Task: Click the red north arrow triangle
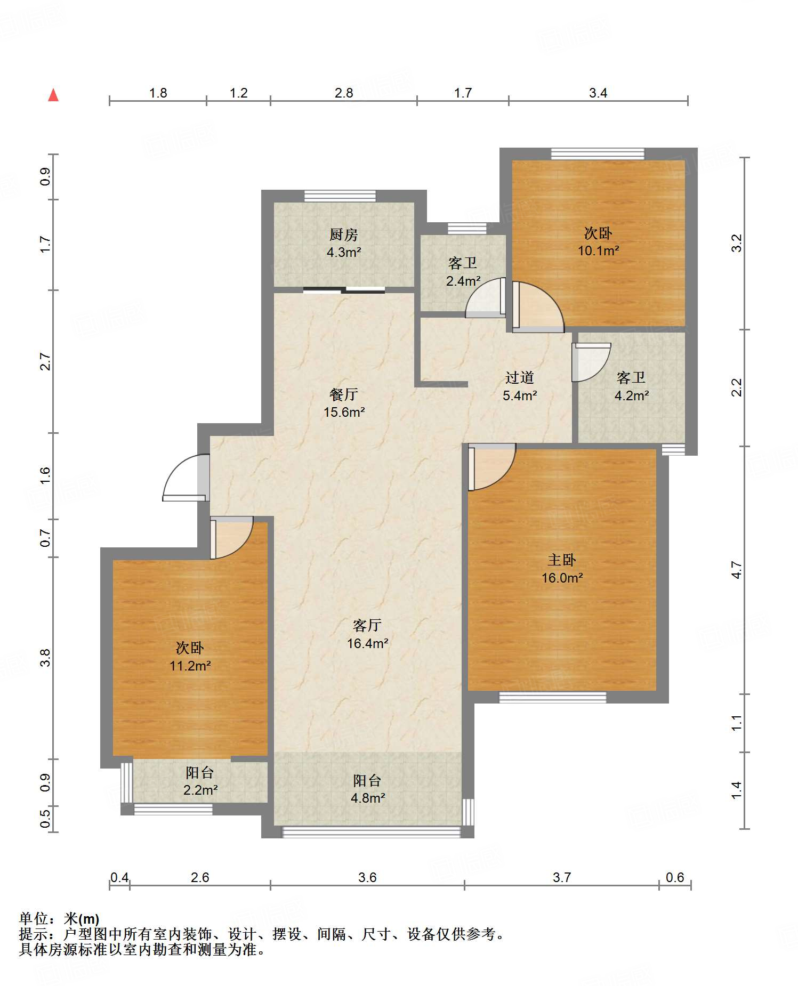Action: pos(53,95)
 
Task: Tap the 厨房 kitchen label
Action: pos(343,235)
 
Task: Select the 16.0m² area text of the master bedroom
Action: pos(562,578)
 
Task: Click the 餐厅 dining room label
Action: pos(343,394)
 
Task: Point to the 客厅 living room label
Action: pos(367,625)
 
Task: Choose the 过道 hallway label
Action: pos(520,377)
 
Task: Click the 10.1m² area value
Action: pos(599,250)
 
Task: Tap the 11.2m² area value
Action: pos(190,666)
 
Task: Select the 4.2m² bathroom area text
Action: pos(632,395)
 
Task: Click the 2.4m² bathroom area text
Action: pos(463,281)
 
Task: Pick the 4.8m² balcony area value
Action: pos(368,798)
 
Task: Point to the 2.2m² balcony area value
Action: pos(200,790)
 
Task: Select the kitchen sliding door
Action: pos(344,290)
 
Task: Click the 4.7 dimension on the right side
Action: pos(736,570)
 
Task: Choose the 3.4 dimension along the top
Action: pos(598,93)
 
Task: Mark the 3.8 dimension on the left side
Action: pos(45,658)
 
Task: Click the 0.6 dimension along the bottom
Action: pos(675,877)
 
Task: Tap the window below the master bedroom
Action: pos(553,697)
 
